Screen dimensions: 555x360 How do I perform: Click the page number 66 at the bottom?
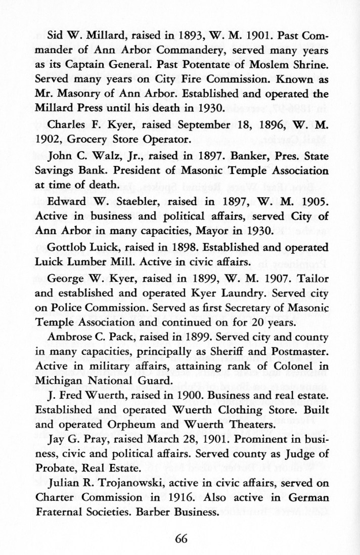point(181,538)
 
